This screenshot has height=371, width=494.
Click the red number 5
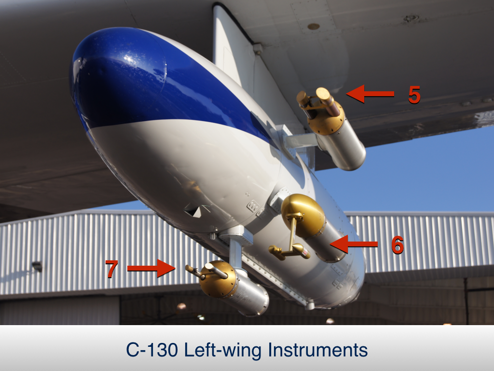coord(414,95)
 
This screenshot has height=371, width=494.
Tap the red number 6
coord(398,245)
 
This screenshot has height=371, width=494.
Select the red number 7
coord(112,269)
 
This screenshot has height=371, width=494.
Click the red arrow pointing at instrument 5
coord(370,94)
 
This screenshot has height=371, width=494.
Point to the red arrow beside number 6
coord(354,244)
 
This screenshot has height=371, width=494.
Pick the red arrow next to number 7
coord(151,268)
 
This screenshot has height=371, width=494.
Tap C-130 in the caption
coord(152,350)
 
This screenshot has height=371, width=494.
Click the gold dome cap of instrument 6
coord(302,214)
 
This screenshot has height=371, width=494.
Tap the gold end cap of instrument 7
coord(218,279)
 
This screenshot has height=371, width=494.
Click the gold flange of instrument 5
coord(326,121)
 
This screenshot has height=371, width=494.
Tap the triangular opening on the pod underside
coord(194,211)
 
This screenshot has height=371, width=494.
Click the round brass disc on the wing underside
coord(314,27)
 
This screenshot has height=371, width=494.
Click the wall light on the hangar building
coord(37,267)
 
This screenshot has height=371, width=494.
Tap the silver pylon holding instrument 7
coord(235,252)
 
